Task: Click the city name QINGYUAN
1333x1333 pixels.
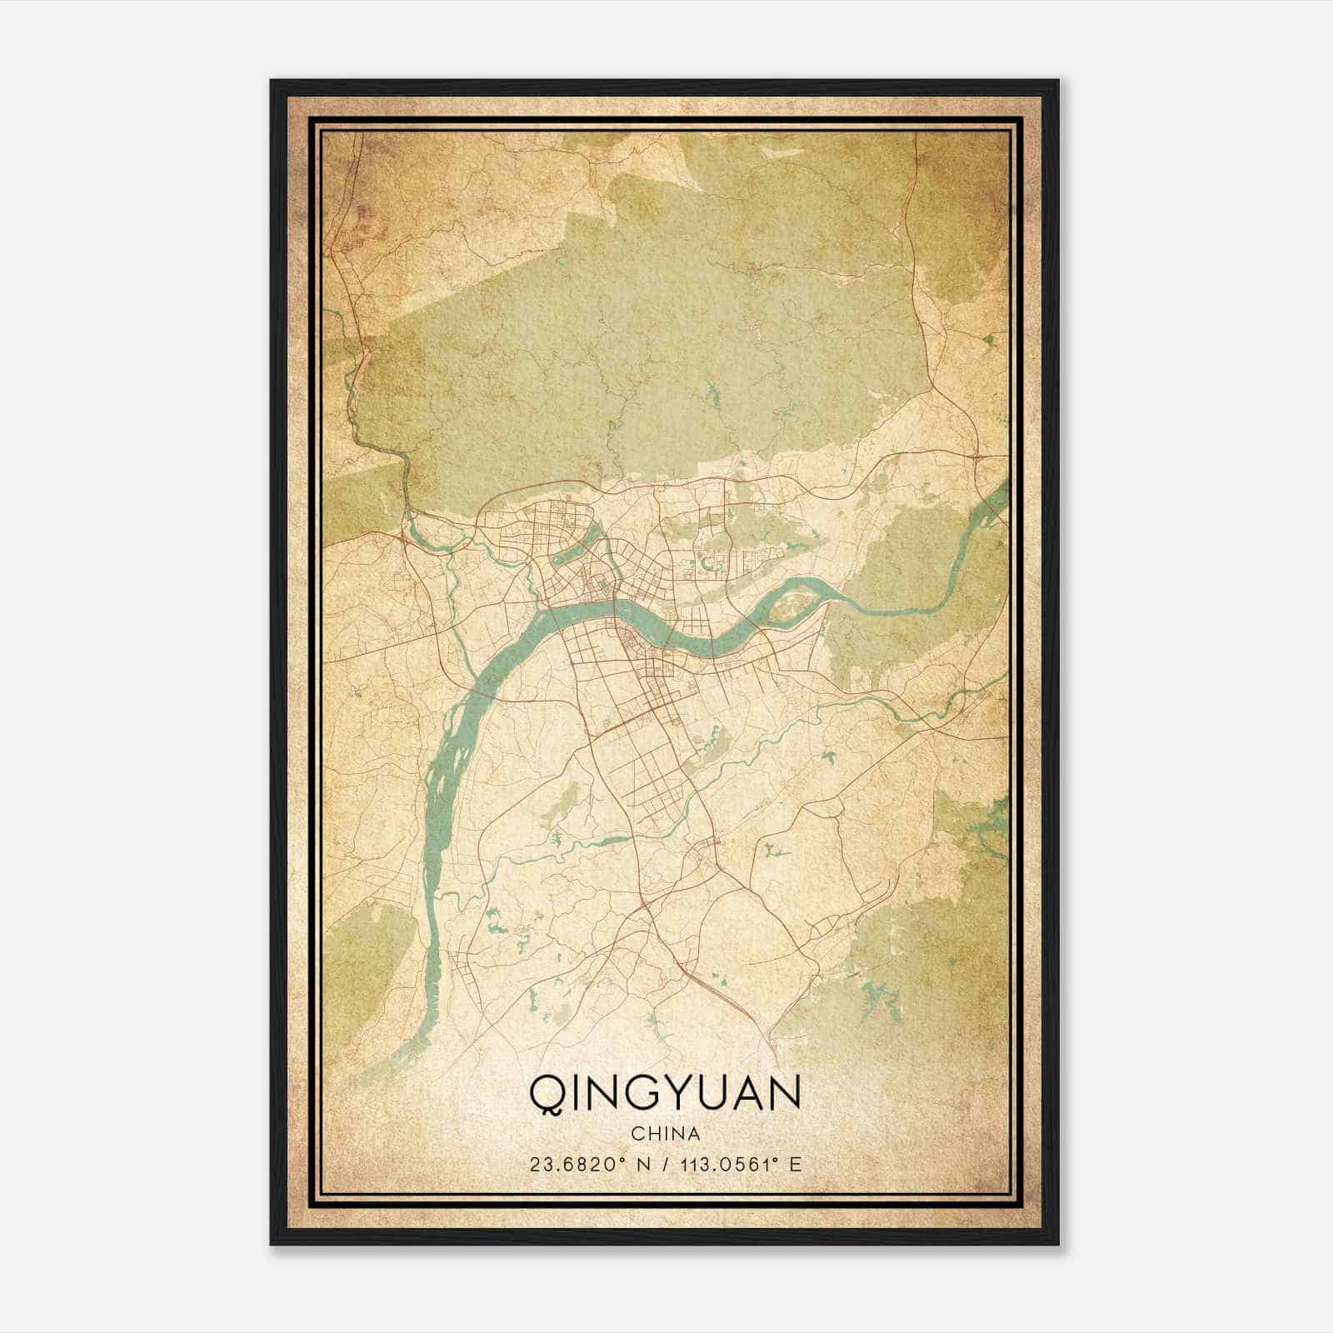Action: [x=665, y=1093]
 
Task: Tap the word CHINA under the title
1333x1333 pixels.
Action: [x=665, y=1134]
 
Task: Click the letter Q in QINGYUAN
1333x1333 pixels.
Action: [x=545, y=1093]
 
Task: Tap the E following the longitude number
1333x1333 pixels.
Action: [x=796, y=1164]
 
